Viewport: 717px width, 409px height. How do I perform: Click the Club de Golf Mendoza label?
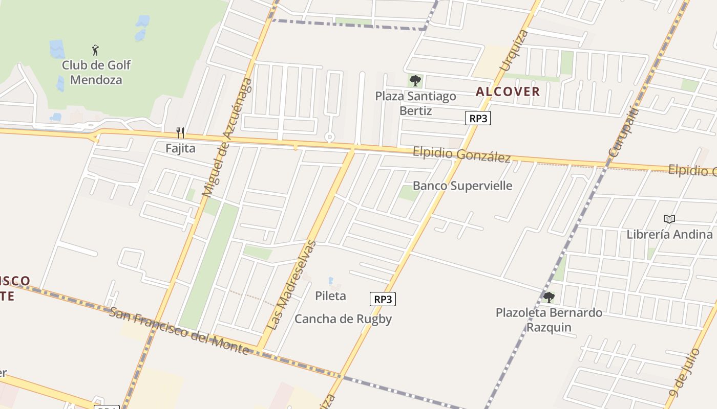pyautogui.click(x=96, y=73)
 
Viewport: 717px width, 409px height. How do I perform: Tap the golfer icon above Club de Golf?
pyautogui.click(x=95, y=50)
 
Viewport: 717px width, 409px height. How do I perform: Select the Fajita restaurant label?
pyautogui.click(x=180, y=148)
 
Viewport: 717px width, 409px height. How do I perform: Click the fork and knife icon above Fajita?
pyautogui.click(x=180, y=133)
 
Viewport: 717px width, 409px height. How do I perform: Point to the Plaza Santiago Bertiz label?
pyautogui.click(x=415, y=103)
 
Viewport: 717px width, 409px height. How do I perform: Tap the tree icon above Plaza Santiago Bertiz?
pyautogui.click(x=415, y=81)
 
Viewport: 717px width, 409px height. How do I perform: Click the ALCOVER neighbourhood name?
pyautogui.click(x=508, y=92)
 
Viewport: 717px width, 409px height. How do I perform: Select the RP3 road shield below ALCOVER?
pyautogui.click(x=478, y=119)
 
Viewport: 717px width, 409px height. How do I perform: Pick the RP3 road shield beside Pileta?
pyautogui.click(x=383, y=299)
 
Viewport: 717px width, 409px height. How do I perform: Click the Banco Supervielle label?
pyautogui.click(x=462, y=186)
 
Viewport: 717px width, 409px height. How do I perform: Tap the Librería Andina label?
pyautogui.click(x=669, y=234)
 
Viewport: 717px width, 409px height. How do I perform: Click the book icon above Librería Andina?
pyautogui.click(x=669, y=219)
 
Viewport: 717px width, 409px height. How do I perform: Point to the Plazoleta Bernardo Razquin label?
pyautogui.click(x=549, y=320)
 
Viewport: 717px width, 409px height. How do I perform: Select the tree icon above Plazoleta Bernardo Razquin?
pyautogui.click(x=549, y=297)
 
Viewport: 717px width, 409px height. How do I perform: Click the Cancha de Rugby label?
pyautogui.click(x=343, y=319)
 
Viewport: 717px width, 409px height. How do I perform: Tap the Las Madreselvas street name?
pyautogui.click(x=292, y=285)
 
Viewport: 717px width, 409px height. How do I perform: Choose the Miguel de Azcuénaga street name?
pyautogui.click(x=227, y=138)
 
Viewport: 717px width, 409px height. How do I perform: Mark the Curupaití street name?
pyautogui.click(x=624, y=132)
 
